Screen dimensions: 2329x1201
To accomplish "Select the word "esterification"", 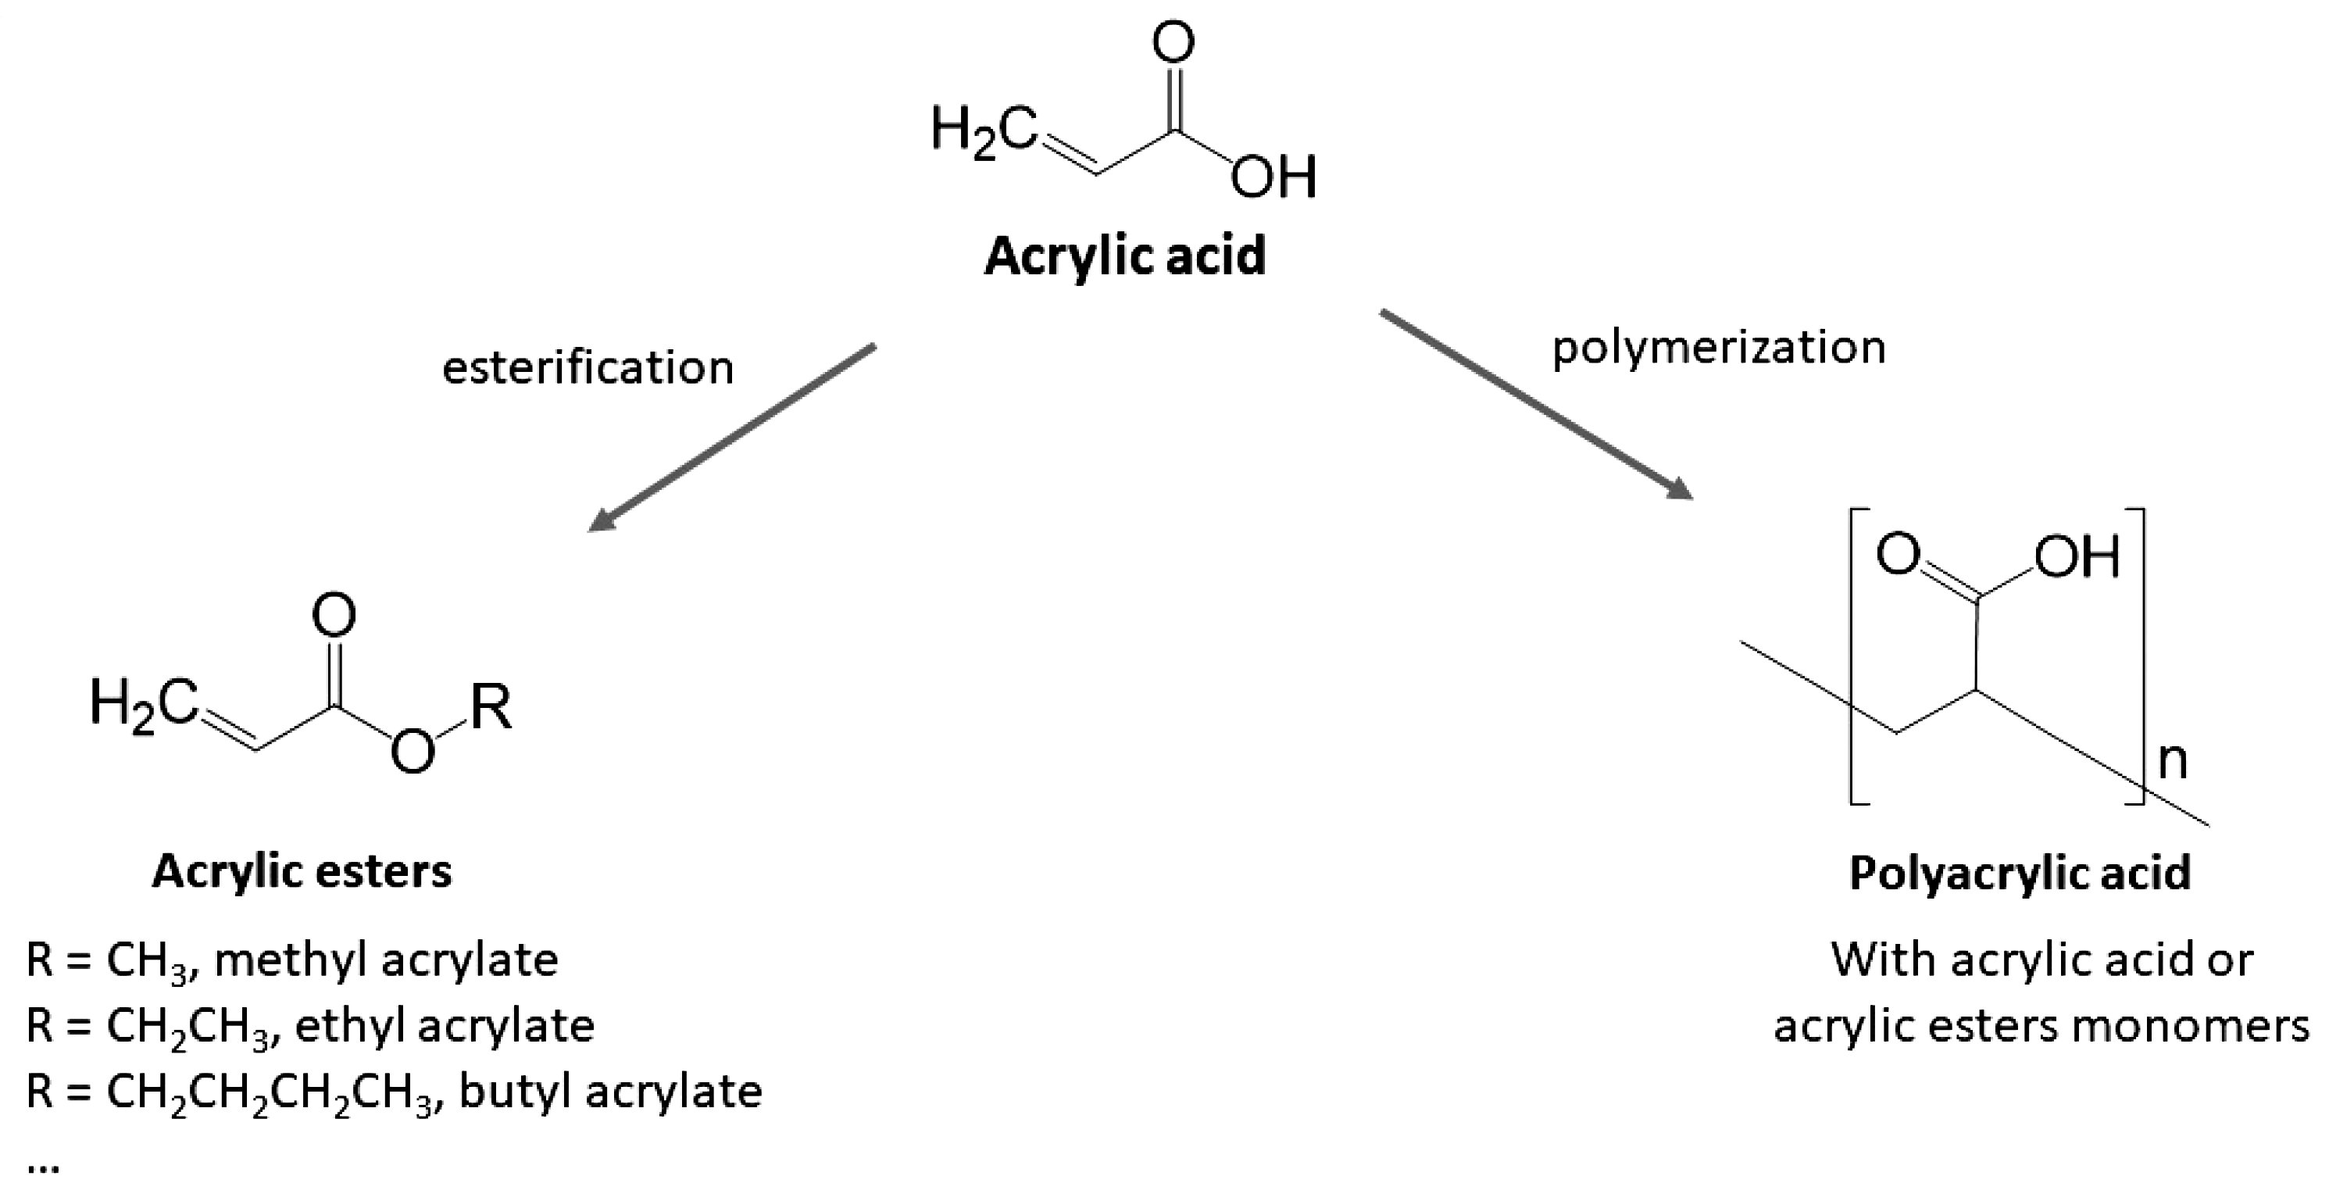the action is point(588,367).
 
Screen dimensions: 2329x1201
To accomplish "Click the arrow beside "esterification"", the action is point(731,437).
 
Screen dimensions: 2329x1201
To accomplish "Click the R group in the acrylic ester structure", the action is point(491,706).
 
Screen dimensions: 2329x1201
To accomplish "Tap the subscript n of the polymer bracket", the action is point(2173,763).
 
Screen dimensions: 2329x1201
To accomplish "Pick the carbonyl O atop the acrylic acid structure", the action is point(1173,41).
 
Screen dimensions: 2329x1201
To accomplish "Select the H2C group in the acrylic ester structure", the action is point(144,706).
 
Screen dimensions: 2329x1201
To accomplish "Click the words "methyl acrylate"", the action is point(386,960).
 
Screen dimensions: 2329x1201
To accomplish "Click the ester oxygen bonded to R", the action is point(413,752).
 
